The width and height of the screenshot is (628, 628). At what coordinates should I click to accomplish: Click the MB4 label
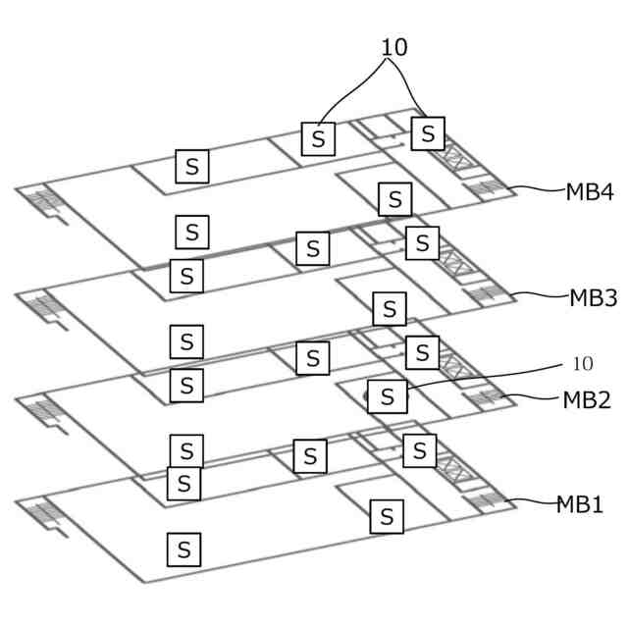[x=589, y=191]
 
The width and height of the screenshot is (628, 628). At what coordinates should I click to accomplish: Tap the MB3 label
[x=593, y=297]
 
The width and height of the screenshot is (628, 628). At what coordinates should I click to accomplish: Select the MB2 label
[x=587, y=399]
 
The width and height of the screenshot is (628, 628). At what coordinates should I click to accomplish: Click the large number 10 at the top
[x=394, y=47]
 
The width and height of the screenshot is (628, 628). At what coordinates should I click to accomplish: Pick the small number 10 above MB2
[x=582, y=364]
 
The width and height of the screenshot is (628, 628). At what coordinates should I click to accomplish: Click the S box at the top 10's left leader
[x=317, y=138]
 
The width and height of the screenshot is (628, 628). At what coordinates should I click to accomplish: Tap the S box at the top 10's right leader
[x=428, y=132]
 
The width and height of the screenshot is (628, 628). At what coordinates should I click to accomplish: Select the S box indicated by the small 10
[x=388, y=396]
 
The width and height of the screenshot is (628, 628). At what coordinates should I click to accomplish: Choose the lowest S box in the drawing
[x=183, y=548]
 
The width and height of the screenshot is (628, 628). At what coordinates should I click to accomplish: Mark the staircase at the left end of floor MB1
[x=39, y=513]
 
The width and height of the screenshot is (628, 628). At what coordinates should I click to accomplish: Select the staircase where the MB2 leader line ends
[x=487, y=397]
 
